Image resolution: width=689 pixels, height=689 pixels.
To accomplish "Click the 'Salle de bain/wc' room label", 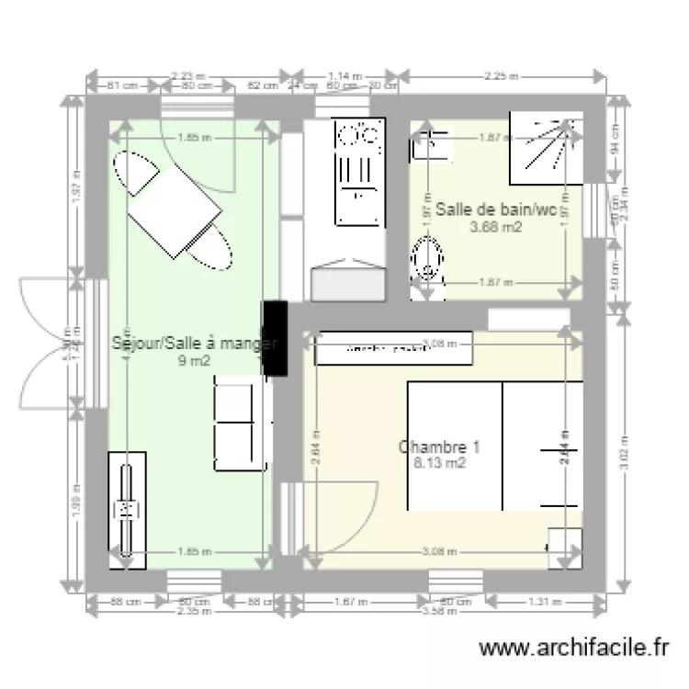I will [495, 210].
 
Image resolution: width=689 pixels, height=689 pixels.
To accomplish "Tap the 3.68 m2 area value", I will [495, 227].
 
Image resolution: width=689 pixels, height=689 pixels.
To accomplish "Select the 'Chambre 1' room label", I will [439, 447].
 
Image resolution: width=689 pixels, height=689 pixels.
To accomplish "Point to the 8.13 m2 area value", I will [439, 464].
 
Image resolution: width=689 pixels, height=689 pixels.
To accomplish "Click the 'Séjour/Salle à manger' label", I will [194, 344].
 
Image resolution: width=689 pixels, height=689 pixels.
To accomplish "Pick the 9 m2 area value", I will [194, 361].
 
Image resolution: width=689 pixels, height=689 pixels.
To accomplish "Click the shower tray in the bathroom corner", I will [552, 147].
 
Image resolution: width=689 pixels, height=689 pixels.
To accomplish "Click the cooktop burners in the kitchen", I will [358, 137].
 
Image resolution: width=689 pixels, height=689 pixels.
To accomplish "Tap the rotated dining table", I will [175, 212].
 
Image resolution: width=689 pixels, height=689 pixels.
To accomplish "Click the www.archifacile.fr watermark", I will [574, 649].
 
